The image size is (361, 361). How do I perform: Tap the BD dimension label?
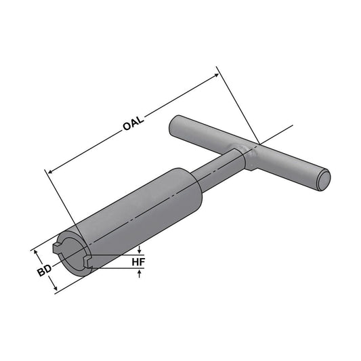coord(43,272)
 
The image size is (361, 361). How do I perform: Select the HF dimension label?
coord(138,261)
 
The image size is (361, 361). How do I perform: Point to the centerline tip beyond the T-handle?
coord(291,126)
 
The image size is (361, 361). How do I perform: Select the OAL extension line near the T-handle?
coord(237,106)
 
